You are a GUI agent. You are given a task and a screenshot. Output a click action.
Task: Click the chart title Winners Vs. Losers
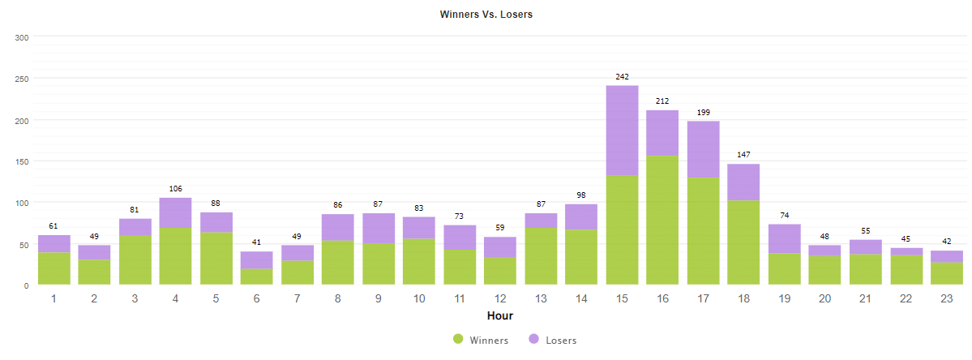(x=486, y=15)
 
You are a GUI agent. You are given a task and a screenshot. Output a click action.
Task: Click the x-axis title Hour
(x=499, y=315)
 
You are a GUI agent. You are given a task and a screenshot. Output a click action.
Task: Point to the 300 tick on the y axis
(x=22, y=37)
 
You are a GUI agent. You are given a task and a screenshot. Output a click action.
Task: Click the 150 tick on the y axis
(x=22, y=161)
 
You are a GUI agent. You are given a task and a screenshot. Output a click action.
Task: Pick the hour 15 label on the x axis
(x=622, y=299)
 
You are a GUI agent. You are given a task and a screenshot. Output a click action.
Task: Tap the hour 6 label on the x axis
(x=256, y=299)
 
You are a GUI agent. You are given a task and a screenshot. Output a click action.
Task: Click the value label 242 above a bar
(x=622, y=77)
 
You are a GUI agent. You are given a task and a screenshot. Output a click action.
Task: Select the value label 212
(x=662, y=101)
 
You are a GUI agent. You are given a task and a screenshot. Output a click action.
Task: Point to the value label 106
(x=175, y=189)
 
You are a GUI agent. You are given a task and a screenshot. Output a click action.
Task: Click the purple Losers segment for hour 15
(x=622, y=131)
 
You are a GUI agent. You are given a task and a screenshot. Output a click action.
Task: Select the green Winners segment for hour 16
(x=662, y=220)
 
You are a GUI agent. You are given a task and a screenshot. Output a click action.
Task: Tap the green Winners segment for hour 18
(x=743, y=242)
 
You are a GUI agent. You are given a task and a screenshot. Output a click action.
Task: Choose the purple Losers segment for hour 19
(x=784, y=239)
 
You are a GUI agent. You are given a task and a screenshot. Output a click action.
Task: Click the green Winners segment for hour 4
(x=175, y=256)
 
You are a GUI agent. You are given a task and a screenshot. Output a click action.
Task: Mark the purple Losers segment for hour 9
(x=378, y=229)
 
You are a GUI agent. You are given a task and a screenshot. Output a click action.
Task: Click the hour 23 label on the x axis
(x=947, y=299)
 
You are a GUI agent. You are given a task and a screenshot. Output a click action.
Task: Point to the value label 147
(x=743, y=154)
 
